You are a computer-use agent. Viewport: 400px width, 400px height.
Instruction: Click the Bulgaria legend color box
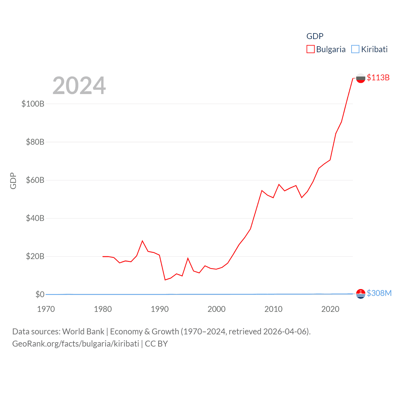tap(310, 49)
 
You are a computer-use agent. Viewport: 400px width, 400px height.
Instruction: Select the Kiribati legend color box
tap(355, 49)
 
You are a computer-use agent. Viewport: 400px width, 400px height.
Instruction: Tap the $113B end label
tap(378, 77)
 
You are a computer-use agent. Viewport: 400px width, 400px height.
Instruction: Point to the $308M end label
tap(379, 293)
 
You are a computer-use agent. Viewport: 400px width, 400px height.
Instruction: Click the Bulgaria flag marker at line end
tap(361, 78)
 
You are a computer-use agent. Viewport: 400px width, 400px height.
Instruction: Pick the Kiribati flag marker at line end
tap(361, 294)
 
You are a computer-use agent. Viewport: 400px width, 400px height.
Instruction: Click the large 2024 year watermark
tap(79, 86)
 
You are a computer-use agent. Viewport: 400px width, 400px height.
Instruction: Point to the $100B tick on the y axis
tap(33, 104)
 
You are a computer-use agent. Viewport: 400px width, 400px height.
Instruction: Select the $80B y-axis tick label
tap(35, 142)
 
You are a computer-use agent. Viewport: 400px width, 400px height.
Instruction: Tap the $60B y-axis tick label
tap(35, 180)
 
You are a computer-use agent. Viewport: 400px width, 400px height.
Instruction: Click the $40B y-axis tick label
tap(35, 218)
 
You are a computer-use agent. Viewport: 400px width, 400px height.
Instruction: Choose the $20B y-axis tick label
tap(35, 256)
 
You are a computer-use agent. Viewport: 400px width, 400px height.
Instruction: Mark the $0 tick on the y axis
tap(40, 294)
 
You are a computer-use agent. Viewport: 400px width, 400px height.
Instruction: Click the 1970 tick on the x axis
tap(46, 309)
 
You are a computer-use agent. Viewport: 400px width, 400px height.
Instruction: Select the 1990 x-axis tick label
tap(160, 309)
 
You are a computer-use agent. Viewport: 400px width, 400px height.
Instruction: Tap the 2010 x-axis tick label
tap(273, 309)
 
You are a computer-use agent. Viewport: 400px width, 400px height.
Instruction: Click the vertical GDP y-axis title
tap(13, 181)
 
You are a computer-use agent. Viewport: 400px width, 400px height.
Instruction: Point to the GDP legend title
tap(315, 36)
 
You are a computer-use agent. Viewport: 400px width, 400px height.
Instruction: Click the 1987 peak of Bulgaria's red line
tap(142, 241)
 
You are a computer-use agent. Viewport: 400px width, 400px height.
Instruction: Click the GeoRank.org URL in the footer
tap(76, 344)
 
